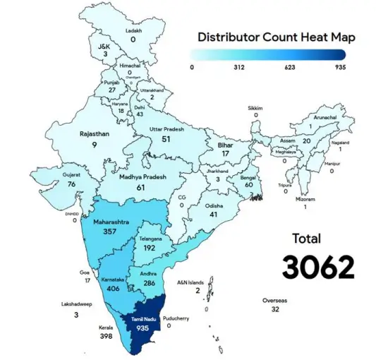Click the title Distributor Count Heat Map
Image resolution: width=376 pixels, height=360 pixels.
click(276, 37)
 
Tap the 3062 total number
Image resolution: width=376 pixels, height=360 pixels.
click(317, 267)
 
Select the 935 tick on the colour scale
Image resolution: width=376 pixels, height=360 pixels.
click(339, 68)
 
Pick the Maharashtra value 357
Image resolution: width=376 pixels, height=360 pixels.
click(109, 232)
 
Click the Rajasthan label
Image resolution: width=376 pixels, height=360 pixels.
click(95, 133)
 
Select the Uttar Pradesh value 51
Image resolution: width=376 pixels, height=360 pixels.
click(166, 139)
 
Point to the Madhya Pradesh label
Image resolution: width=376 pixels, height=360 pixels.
click(141, 176)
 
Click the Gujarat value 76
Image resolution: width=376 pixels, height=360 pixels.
click(71, 184)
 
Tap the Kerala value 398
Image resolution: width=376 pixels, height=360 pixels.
click(107, 337)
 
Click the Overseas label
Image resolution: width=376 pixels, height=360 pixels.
click(274, 300)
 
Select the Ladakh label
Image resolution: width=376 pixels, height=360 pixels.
click(133, 30)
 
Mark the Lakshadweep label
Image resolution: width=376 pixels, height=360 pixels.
click(75, 304)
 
